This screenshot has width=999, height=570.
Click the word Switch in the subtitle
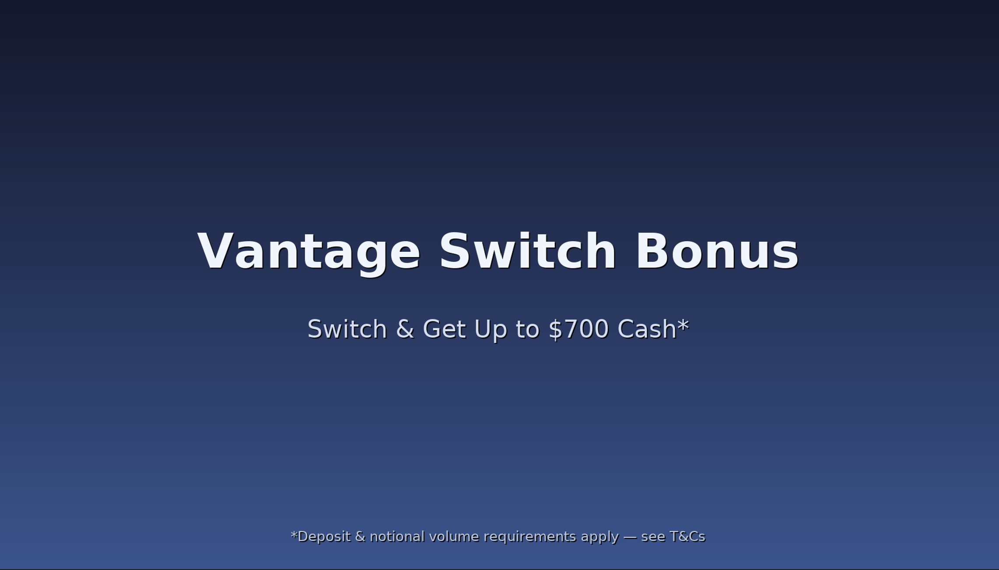point(347,329)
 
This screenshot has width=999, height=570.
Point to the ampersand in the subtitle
point(405,330)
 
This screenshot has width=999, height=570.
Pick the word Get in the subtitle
point(444,330)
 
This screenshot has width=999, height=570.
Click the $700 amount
point(578,330)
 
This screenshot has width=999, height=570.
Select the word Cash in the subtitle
point(647,329)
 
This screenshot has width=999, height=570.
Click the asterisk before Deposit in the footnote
point(294,534)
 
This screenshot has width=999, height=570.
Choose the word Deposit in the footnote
point(324,537)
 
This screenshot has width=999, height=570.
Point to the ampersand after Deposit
point(360,537)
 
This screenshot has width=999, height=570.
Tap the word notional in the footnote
point(397,537)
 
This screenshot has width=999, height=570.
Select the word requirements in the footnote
point(530,537)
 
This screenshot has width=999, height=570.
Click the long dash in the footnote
point(630,537)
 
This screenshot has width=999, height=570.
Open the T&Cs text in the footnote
point(687,537)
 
